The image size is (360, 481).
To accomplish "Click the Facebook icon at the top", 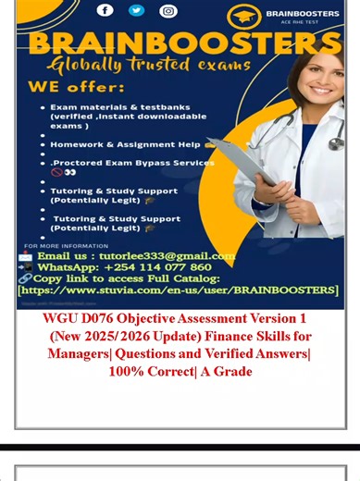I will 105,10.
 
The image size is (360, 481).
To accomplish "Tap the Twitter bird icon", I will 136,10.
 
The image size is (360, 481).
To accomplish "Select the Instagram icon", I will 168,11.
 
